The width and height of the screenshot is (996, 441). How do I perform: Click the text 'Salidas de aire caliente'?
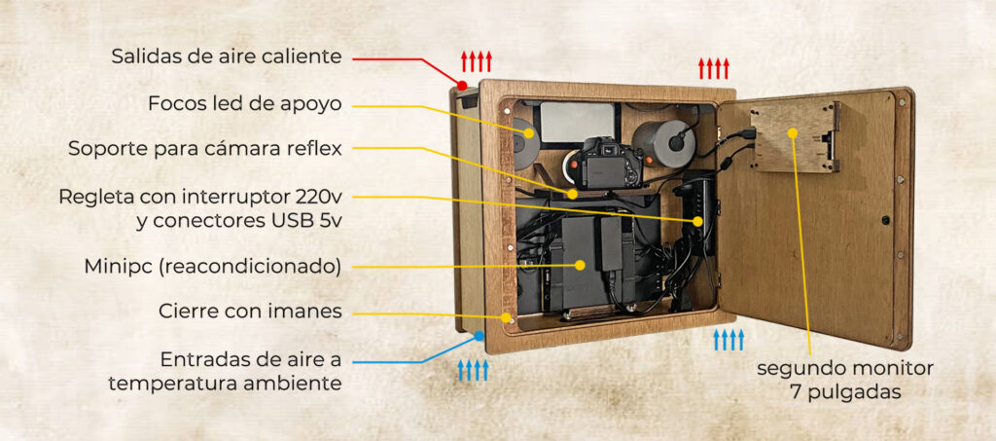point(226,56)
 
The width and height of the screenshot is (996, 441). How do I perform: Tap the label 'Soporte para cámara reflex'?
point(204,149)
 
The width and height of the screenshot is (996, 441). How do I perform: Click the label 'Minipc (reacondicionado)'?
point(212,266)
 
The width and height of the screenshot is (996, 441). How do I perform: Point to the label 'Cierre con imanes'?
point(249,312)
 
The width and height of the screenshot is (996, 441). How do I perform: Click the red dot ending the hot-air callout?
point(462,86)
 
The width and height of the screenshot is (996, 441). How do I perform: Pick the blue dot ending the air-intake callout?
point(480,336)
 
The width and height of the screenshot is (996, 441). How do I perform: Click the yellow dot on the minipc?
point(581,264)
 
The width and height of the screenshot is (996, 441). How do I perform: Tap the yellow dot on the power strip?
point(697,223)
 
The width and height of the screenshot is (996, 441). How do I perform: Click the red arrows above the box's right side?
point(713,68)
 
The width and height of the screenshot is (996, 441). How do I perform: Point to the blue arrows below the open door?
point(729,340)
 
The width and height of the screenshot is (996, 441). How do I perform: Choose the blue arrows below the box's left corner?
point(474,370)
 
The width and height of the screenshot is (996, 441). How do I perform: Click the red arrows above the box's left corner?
point(477,61)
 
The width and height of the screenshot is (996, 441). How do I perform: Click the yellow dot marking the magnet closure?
point(507,316)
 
